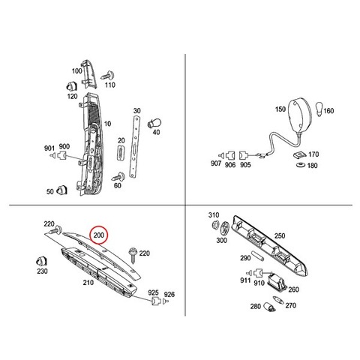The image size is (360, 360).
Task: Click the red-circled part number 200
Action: [x=99, y=235]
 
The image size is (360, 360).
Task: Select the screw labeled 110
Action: [x=108, y=75]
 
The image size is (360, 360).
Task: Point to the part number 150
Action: [x=280, y=109]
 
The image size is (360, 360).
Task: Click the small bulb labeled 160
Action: [x=319, y=109]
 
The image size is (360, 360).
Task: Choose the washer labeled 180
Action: [x=300, y=165]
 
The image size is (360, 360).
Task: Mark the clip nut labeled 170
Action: [x=300, y=155]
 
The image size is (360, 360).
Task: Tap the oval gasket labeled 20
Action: [x=121, y=152]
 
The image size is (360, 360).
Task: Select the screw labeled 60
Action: [x=118, y=177]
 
